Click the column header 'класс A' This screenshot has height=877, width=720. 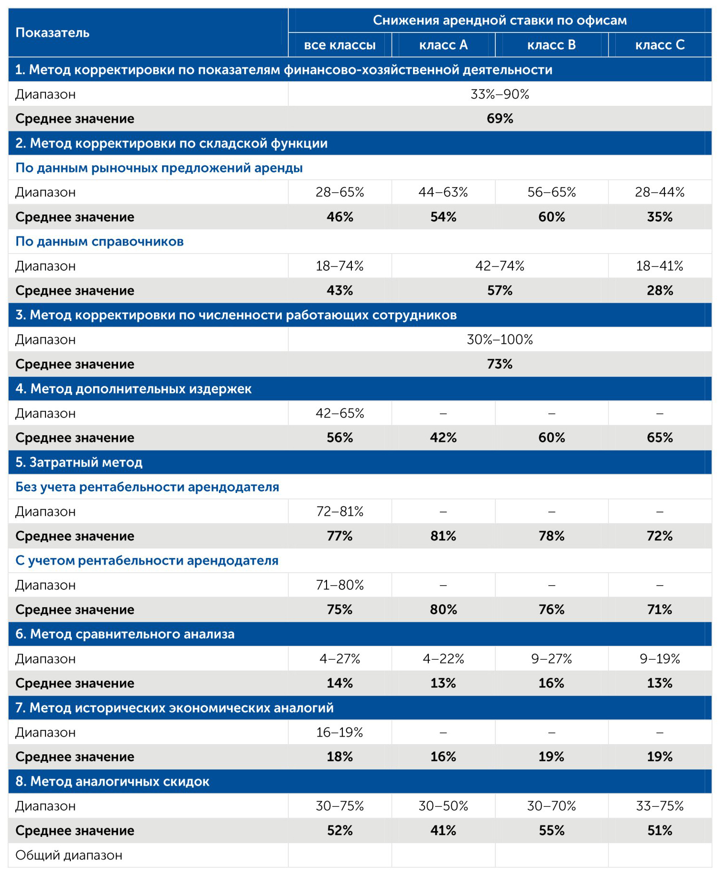(x=443, y=45)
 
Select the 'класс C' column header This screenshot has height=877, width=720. (x=660, y=45)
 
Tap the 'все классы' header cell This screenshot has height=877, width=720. (x=339, y=45)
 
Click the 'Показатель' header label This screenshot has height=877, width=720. (x=53, y=32)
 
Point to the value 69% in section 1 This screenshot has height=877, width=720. (x=500, y=118)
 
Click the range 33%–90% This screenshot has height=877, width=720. (x=500, y=94)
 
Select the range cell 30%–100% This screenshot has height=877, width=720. (x=500, y=340)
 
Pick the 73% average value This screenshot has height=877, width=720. (x=500, y=364)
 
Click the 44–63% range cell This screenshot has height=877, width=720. (x=443, y=192)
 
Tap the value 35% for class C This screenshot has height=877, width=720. (x=660, y=217)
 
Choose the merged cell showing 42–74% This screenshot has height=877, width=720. (x=500, y=266)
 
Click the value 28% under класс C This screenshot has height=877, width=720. (x=660, y=290)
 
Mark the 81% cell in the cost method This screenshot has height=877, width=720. (x=443, y=536)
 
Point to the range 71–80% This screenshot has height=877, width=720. (x=339, y=585)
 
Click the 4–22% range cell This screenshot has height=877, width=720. (x=443, y=659)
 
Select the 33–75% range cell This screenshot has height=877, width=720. (x=660, y=806)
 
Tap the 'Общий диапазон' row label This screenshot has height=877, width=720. (x=69, y=855)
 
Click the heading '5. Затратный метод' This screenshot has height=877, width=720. (x=79, y=462)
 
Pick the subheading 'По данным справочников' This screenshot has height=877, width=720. (x=99, y=241)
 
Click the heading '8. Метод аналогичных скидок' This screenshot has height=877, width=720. (x=112, y=781)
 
